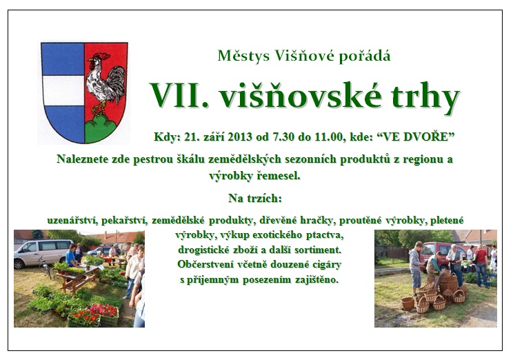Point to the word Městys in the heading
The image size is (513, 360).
243,56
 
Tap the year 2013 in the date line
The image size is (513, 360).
240,137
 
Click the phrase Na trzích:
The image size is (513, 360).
255,199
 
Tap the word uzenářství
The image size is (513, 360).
72,221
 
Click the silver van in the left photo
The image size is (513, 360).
42,252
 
